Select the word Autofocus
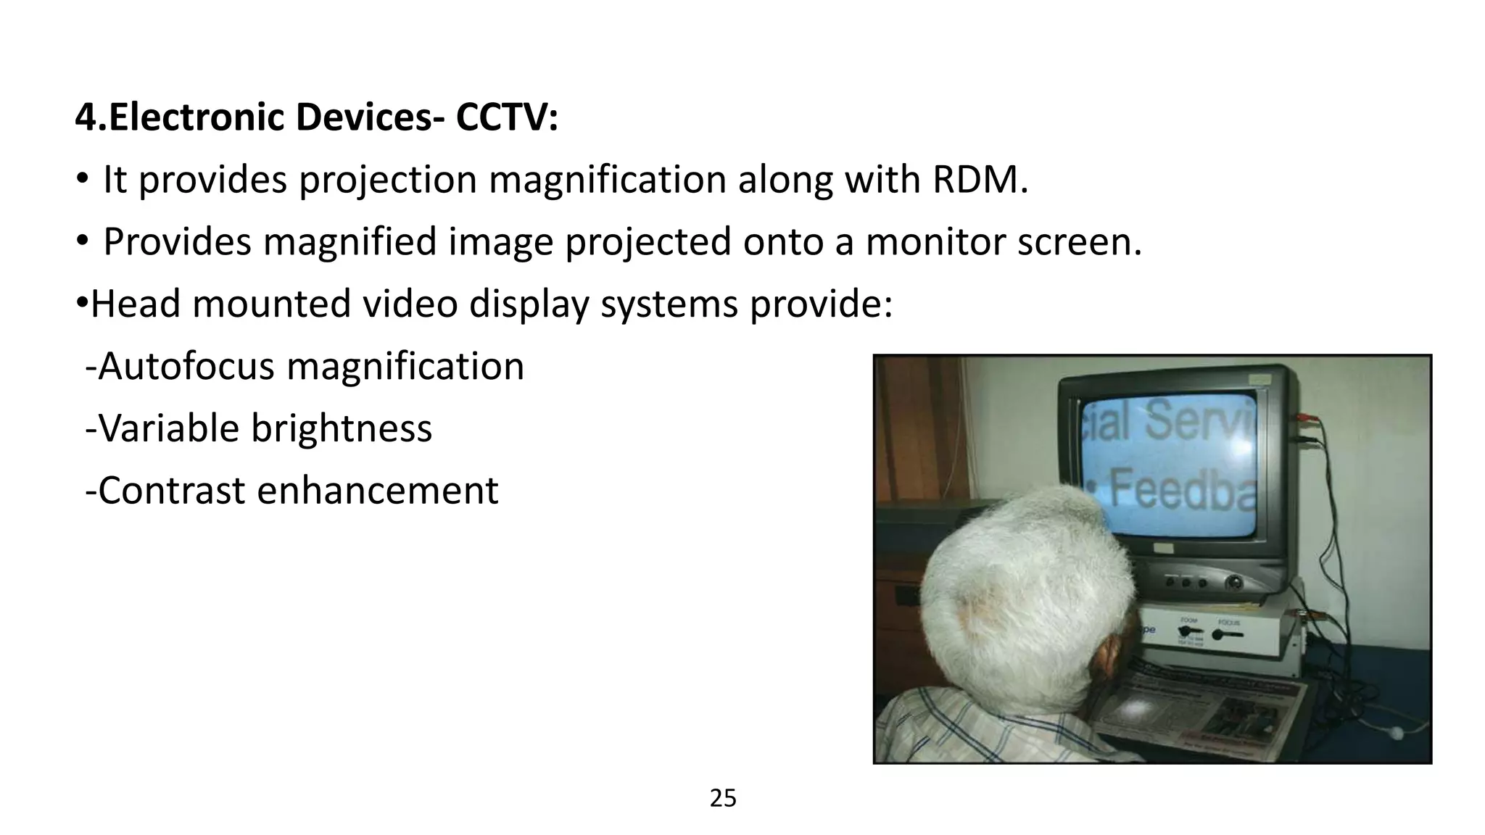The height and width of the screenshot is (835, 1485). (x=186, y=366)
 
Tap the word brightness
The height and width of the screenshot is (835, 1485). (x=342, y=428)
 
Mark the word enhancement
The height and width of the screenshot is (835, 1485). (x=378, y=491)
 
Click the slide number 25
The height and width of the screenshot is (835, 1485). (x=723, y=798)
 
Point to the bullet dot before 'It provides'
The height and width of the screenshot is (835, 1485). (x=82, y=179)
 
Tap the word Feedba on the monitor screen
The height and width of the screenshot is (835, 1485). (x=1182, y=490)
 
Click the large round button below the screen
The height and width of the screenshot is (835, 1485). (x=1233, y=581)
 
